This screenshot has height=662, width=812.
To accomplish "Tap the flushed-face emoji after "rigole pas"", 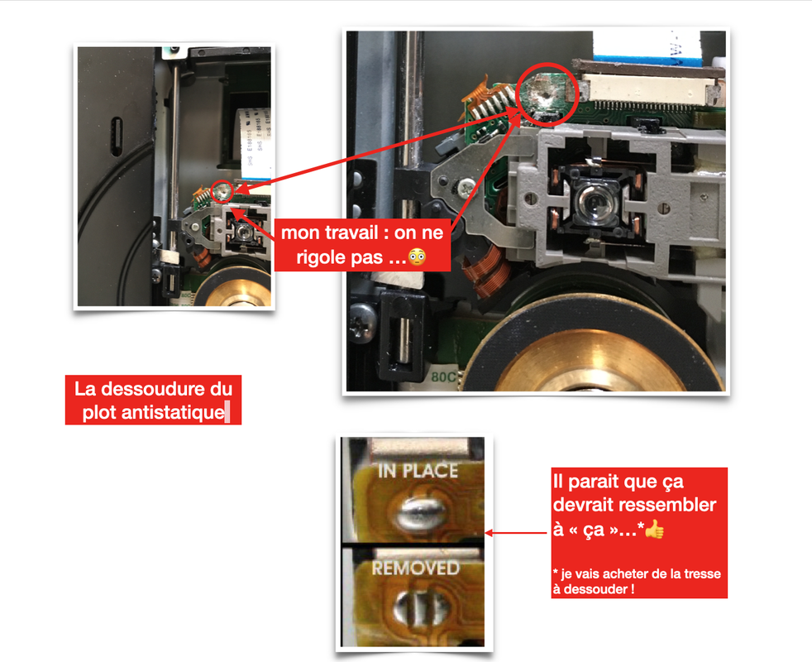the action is (x=417, y=257).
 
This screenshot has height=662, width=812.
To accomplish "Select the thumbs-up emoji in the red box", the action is (x=654, y=530).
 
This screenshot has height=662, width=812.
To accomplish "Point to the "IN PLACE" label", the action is (x=418, y=471).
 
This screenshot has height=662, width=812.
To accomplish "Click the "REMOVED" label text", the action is (x=415, y=568).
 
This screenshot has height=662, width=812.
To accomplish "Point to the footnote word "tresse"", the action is (x=702, y=574).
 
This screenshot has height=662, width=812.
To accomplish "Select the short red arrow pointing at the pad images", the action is (x=516, y=533).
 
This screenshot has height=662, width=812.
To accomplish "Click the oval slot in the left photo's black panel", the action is (x=117, y=137).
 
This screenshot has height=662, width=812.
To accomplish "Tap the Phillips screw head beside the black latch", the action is (x=362, y=320).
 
